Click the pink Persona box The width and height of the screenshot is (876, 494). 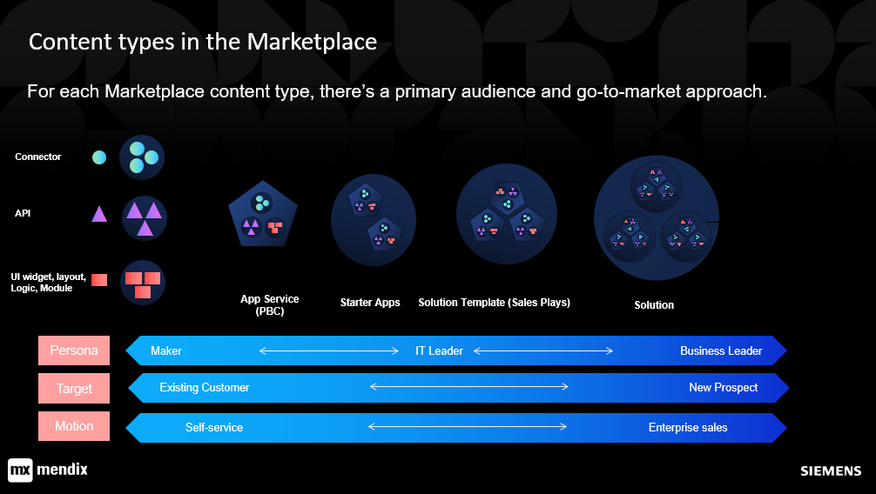pos(74,350)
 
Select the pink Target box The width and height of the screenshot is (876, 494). pos(74,388)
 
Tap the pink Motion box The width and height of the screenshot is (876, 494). pos(74,426)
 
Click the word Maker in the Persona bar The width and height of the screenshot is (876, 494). pos(166,350)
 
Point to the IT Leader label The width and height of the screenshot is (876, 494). pos(439,350)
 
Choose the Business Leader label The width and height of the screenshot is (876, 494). pos(721,350)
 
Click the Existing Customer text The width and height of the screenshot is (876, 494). pos(205,387)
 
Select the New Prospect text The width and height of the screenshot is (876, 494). pos(723,387)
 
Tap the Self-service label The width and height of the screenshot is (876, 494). pos(214,427)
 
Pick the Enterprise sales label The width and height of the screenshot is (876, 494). pos(688,427)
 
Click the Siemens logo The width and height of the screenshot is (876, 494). pos(831,471)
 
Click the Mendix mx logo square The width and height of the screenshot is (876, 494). pos(20,470)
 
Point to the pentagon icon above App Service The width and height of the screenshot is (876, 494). pos(263,214)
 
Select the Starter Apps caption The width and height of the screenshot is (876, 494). pos(370,302)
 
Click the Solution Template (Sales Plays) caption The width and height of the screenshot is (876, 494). pos(495,302)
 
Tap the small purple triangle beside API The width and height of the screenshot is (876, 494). pos(99,214)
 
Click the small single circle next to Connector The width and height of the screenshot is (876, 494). pos(99,157)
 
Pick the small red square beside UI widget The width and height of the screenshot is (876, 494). pos(99,280)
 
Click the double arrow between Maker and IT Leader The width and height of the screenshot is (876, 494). pos(329,350)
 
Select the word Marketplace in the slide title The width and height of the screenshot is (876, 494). pos(312,42)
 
